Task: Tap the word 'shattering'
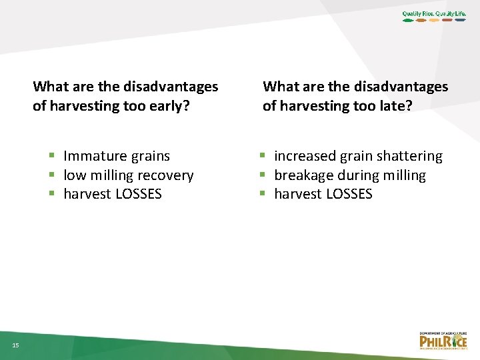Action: [409, 156]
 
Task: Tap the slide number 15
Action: [15, 344]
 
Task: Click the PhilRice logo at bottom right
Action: [443, 340]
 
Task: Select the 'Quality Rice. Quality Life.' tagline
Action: [434, 13]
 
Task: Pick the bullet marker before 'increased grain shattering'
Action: [263, 156]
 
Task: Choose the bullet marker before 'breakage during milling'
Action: [263, 175]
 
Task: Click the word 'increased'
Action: [305, 156]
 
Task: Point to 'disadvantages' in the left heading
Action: [171, 87]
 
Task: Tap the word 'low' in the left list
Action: [74, 175]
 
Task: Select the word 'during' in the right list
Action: [357, 175]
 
